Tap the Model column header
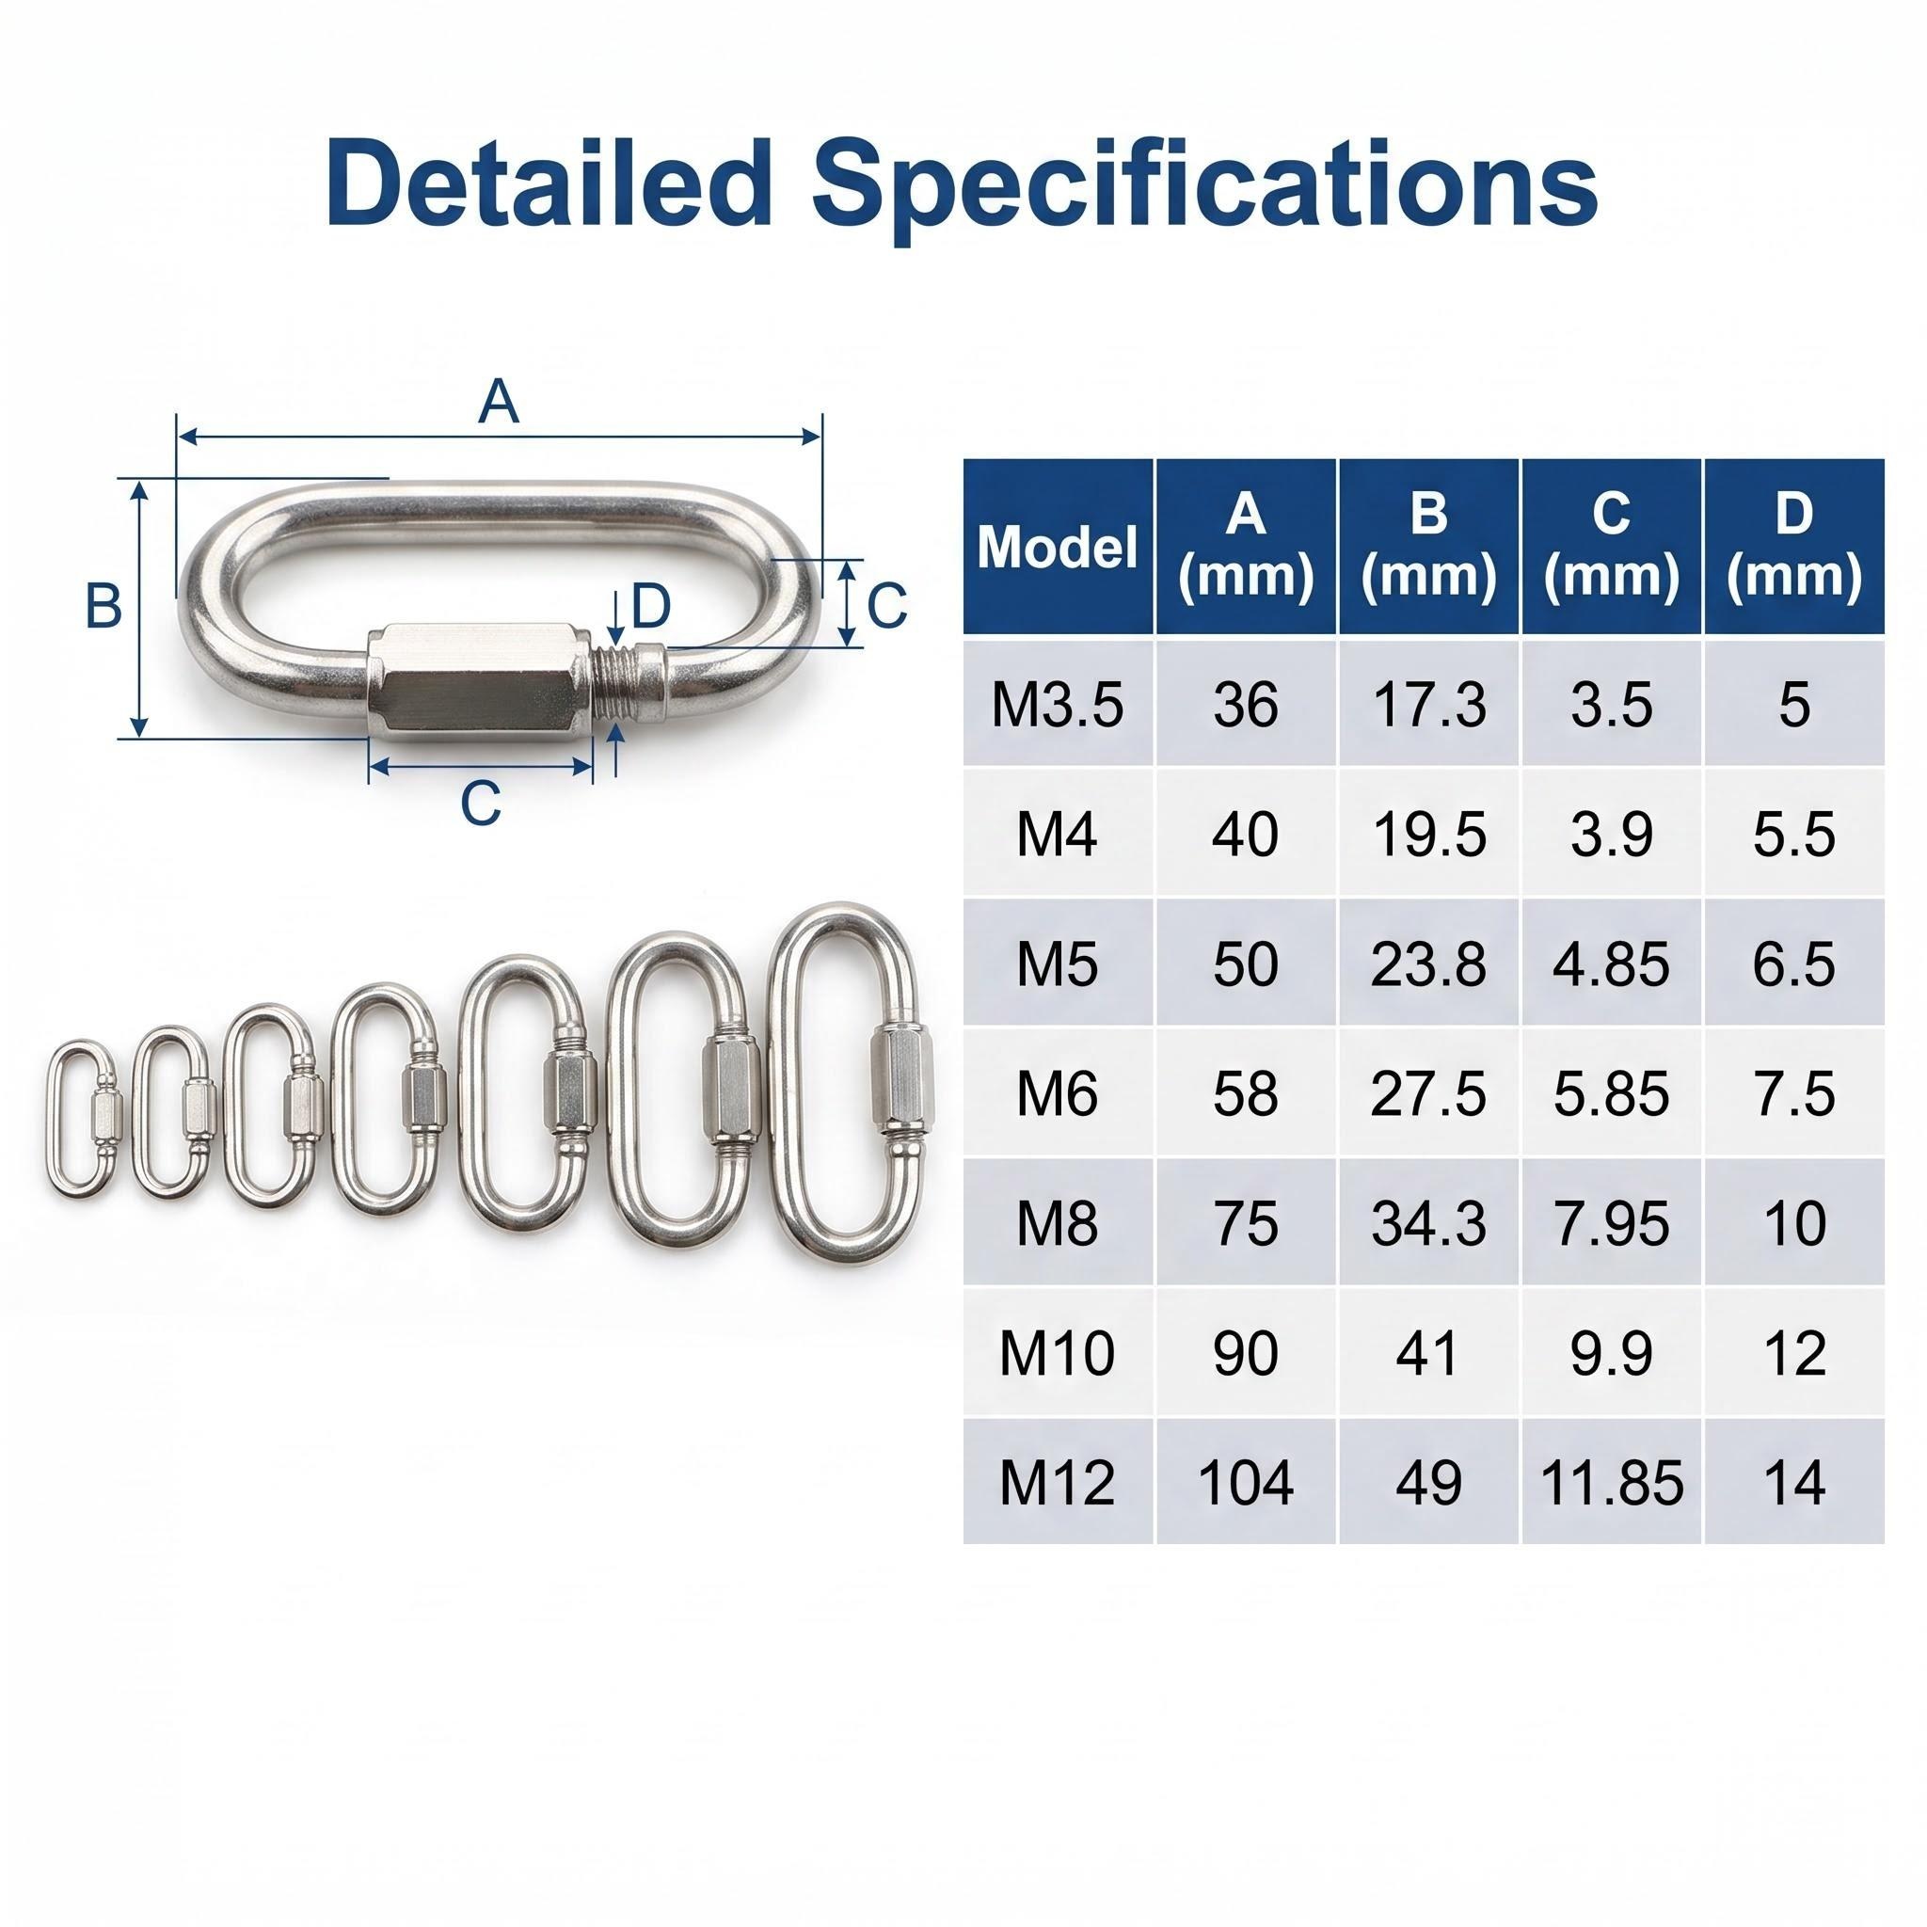pyautogui.click(x=1058, y=547)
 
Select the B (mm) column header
pyautogui.click(x=1428, y=547)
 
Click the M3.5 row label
pyautogui.click(x=1058, y=704)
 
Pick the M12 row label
pyautogui.click(x=1058, y=1482)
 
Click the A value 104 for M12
pyautogui.click(x=1246, y=1482)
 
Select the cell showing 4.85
pyautogui.click(x=1611, y=964)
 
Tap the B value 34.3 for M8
pyautogui.click(x=1428, y=1224)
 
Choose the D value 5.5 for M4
pyautogui.click(x=1793, y=834)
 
